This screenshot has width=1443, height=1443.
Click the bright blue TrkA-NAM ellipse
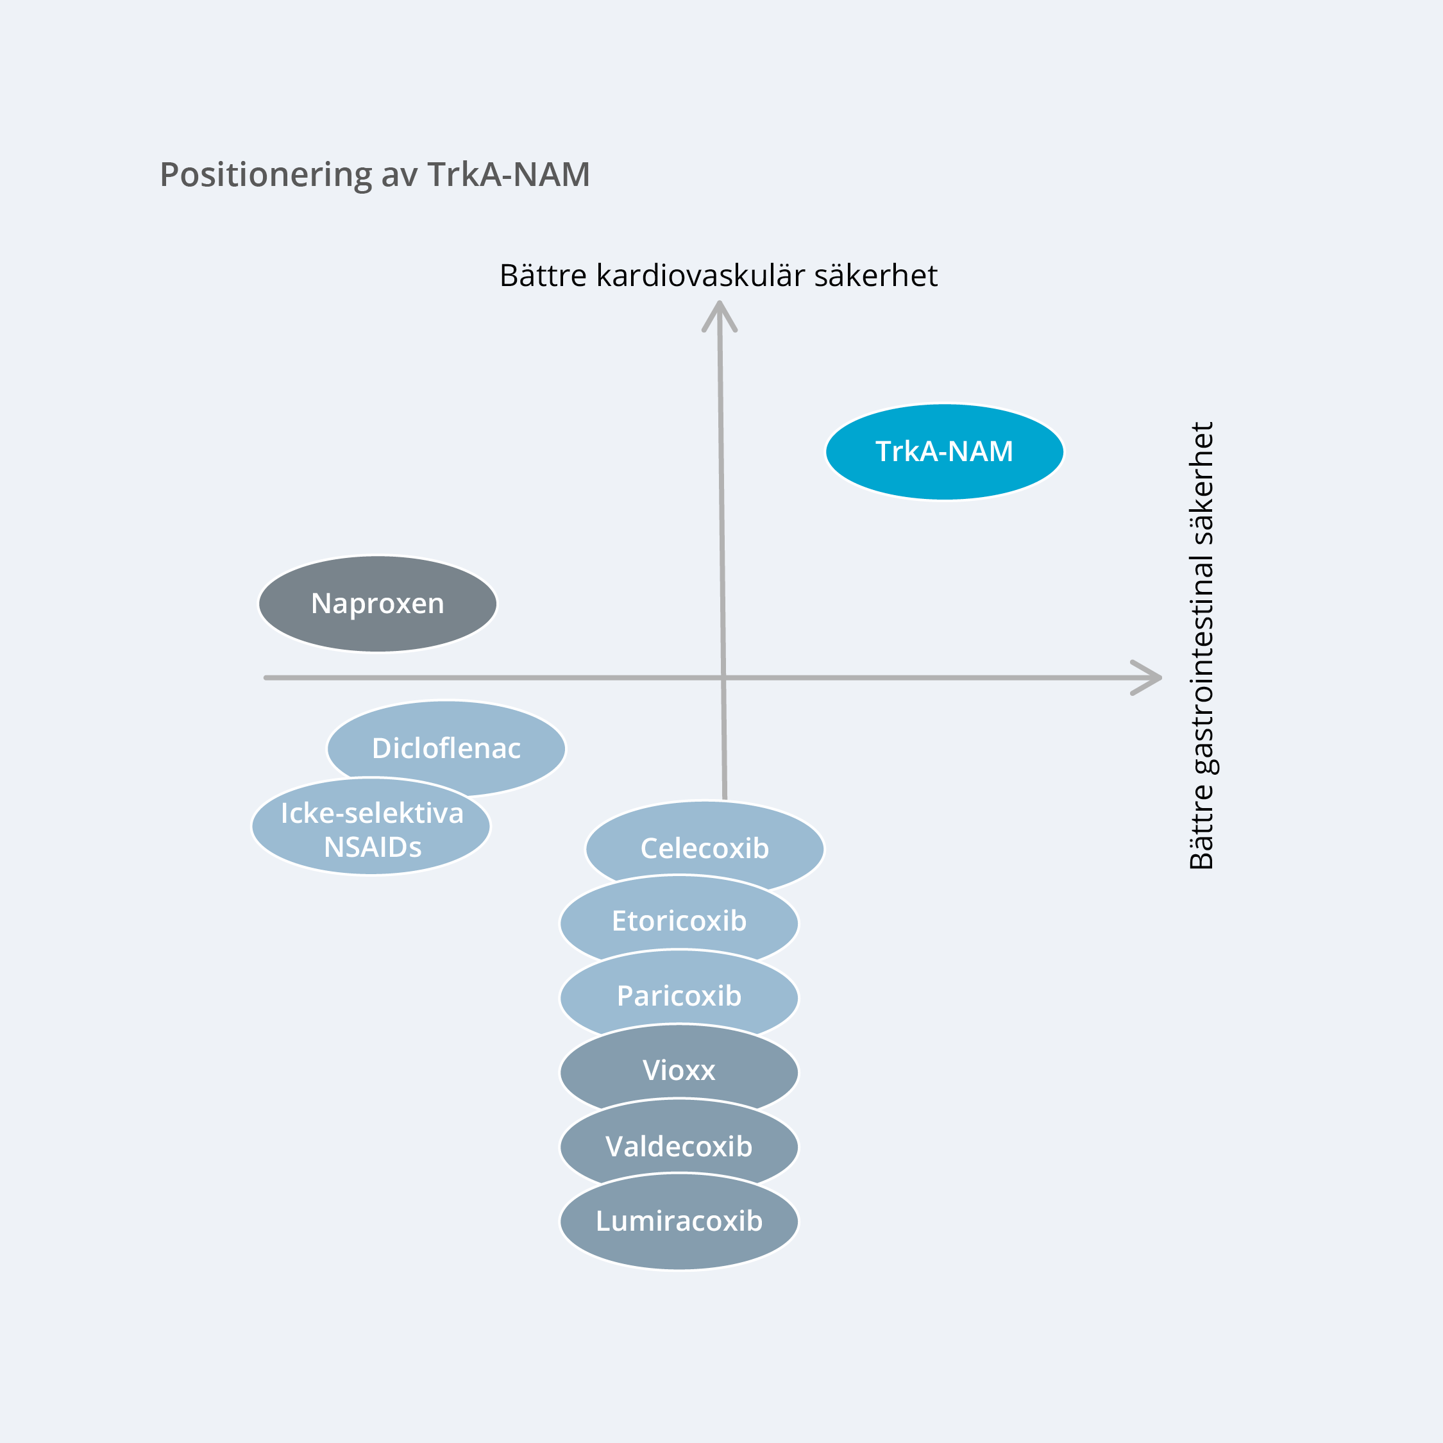click(944, 452)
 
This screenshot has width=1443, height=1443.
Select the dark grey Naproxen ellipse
click(377, 603)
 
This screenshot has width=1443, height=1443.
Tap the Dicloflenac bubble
click(446, 748)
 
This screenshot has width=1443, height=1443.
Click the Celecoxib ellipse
click(704, 848)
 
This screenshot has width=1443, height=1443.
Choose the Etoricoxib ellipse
click(679, 921)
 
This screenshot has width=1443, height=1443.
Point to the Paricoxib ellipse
click(679, 995)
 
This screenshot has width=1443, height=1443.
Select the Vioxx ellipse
click(679, 1070)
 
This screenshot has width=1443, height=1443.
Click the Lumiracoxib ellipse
click(679, 1221)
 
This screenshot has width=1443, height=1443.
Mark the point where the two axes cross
click(723, 677)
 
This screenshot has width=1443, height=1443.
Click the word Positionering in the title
click(265, 176)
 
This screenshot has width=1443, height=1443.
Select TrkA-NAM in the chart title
click(508, 175)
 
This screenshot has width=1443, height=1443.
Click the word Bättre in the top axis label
click(543, 276)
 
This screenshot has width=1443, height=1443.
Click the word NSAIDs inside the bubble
click(373, 847)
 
